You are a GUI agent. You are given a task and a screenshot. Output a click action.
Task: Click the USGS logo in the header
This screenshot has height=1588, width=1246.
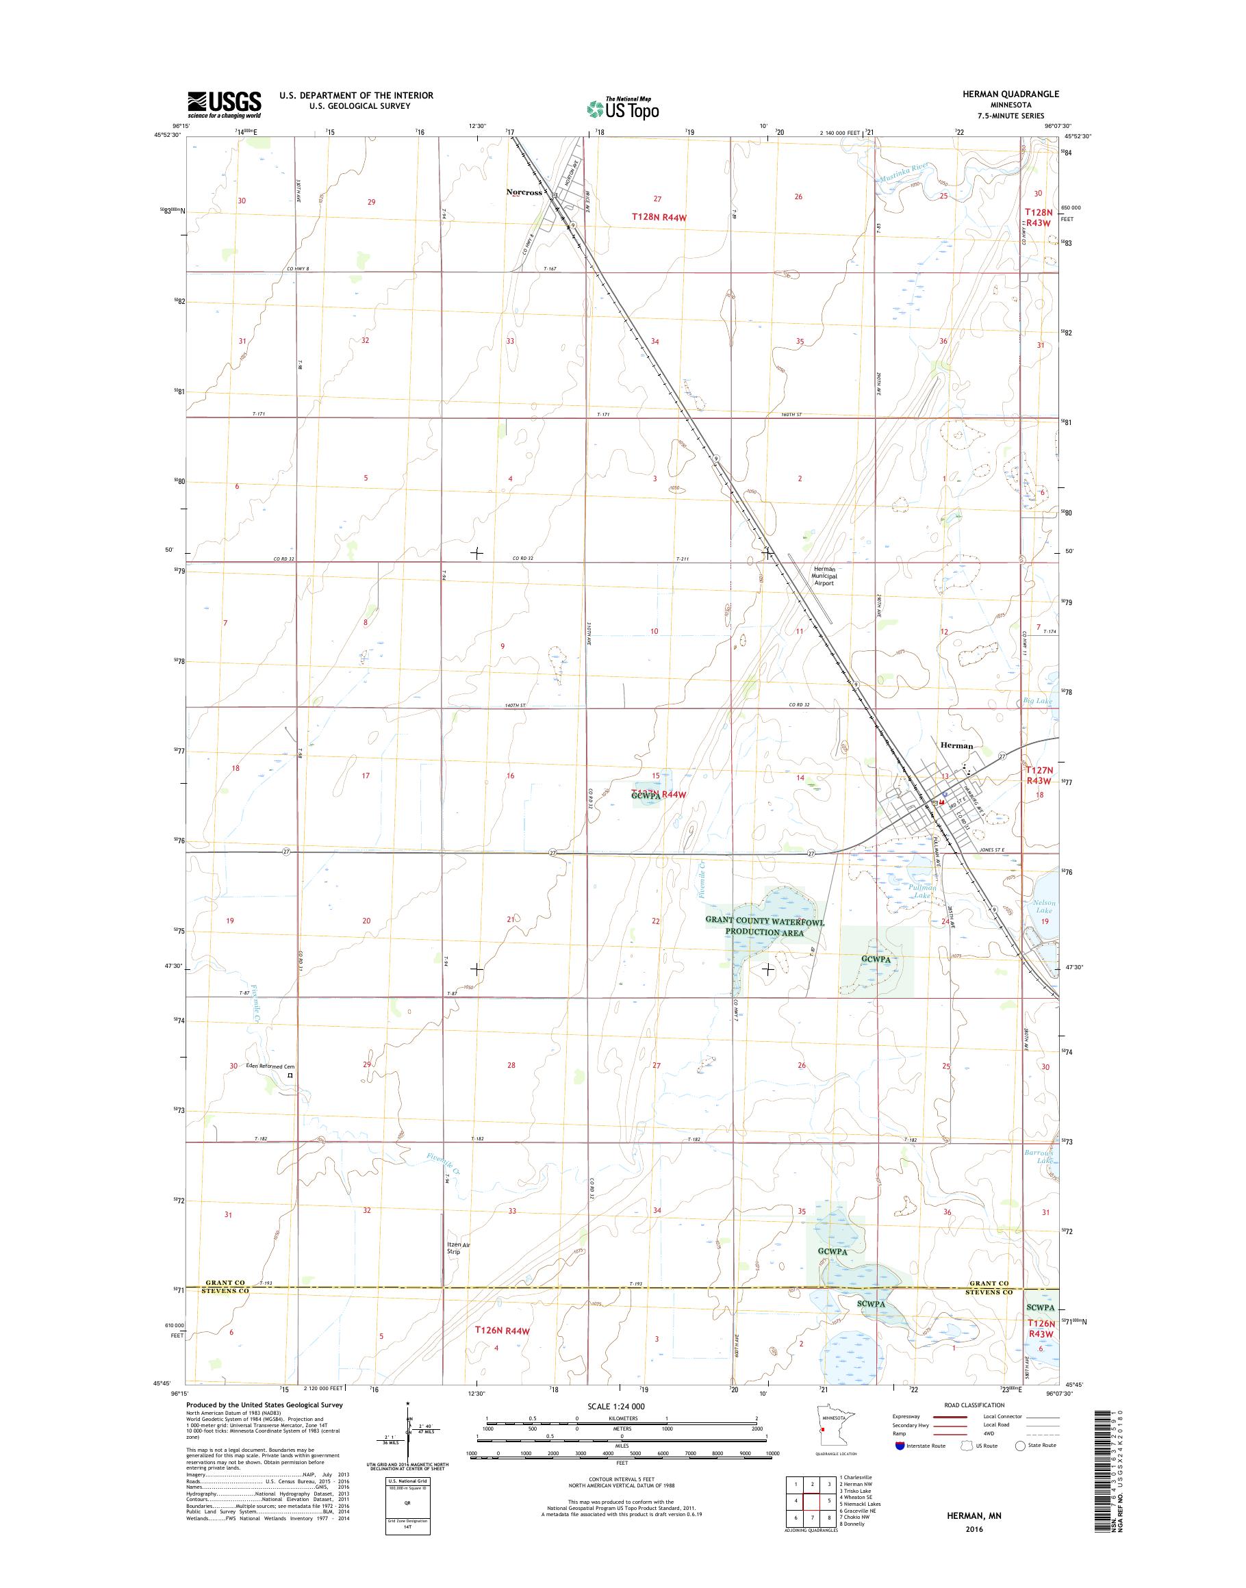click(225, 104)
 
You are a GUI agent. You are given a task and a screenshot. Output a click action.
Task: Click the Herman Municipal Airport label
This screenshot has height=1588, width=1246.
click(825, 576)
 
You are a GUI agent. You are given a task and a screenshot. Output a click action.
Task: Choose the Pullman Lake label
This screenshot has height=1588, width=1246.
click(923, 891)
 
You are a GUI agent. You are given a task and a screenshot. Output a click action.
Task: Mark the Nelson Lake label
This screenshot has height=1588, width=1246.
click(1044, 907)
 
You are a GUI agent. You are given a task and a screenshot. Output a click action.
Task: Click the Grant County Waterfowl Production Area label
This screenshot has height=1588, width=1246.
click(764, 927)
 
